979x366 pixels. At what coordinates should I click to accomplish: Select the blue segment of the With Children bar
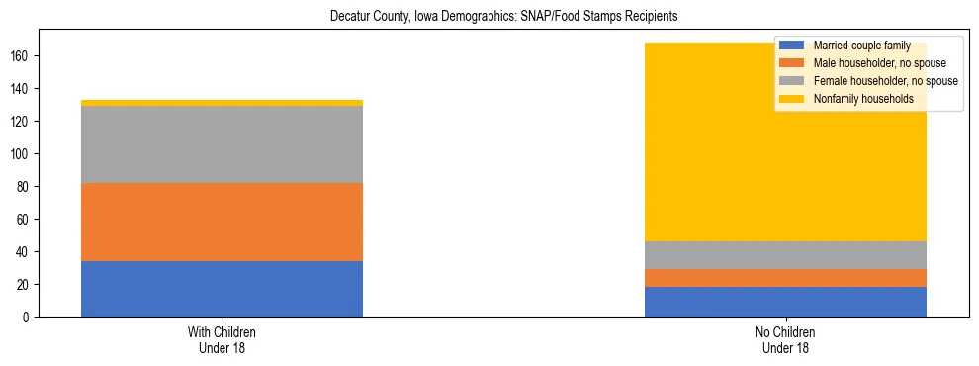click(x=222, y=289)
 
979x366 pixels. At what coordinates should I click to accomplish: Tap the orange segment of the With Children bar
click(x=222, y=222)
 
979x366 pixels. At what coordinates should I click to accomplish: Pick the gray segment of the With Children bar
click(x=222, y=144)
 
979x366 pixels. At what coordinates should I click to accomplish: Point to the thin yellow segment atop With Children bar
click(x=222, y=103)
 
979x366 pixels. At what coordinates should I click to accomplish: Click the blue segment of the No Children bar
click(x=785, y=302)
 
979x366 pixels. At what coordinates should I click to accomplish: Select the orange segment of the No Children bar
click(x=785, y=278)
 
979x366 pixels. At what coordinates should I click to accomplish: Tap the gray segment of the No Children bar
click(x=785, y=255)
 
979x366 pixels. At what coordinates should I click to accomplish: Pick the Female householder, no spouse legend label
click(x=884, y=81)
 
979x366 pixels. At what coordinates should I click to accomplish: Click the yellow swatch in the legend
click(x=792, y=99)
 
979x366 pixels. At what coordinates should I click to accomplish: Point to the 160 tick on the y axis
click(x=23, y=56)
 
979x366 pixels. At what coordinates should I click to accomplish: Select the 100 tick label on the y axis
click(x=23, y=154)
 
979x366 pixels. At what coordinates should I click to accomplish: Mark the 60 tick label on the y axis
click(x=26, y=220)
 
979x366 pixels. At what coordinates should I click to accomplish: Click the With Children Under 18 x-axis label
click(x=222, y=339)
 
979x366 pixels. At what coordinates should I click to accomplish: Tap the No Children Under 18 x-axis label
click(x=785, y=339)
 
